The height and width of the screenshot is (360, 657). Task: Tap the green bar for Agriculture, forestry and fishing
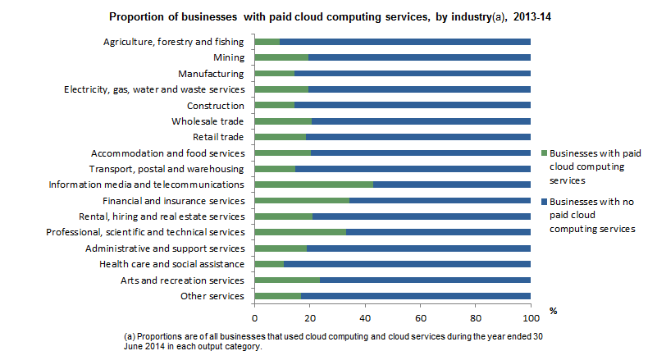[x=267, y=42]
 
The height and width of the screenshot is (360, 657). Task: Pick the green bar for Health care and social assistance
[x=269, y=264]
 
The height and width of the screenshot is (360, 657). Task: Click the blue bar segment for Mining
[x=419, y=57]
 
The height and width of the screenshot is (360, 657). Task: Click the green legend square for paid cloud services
[x=545, y=153]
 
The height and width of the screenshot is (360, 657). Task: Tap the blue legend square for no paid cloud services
[x=545, y=201]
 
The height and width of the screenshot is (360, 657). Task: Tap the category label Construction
[x=216, y=106]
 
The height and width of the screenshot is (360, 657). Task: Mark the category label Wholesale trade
[x=208, y=121]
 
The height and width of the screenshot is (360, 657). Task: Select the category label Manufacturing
[x=210, y=74]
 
